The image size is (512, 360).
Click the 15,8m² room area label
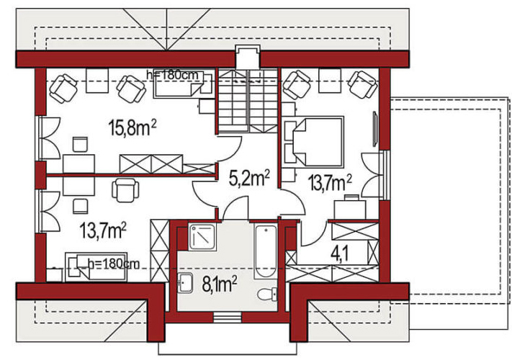tap(133, 127)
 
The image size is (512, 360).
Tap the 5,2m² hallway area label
tap(249, 179)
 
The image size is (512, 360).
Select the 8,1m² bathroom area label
tap(220, 284)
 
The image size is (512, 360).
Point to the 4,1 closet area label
tap(339, 253)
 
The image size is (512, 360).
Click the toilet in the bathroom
tap(267, 294)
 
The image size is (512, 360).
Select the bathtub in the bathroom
tap(266, 251)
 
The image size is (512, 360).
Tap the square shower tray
tap(202, 238)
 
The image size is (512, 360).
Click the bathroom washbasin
tap(186, 283)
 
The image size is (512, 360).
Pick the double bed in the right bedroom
tap(314, 142)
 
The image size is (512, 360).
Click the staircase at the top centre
tap(248, 101)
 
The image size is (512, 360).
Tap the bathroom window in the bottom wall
tap(228, 317)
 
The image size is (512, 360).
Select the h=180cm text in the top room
tap(173, 75)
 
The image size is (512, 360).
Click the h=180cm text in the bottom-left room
tap(114, 264)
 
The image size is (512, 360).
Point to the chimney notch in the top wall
tap(248, 56)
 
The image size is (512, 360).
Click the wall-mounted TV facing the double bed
tap(375, 129)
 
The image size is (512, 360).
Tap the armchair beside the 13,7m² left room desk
tap(125, 190)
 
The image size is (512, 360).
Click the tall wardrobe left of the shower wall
tap(159, 251)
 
